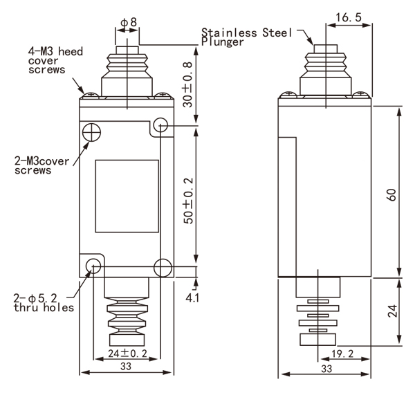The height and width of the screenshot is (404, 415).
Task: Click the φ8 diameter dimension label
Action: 129,22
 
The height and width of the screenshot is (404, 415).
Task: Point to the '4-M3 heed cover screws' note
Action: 47,59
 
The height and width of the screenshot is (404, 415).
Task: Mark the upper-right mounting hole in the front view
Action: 161,126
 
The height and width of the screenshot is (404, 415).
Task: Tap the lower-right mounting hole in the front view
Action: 162,266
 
